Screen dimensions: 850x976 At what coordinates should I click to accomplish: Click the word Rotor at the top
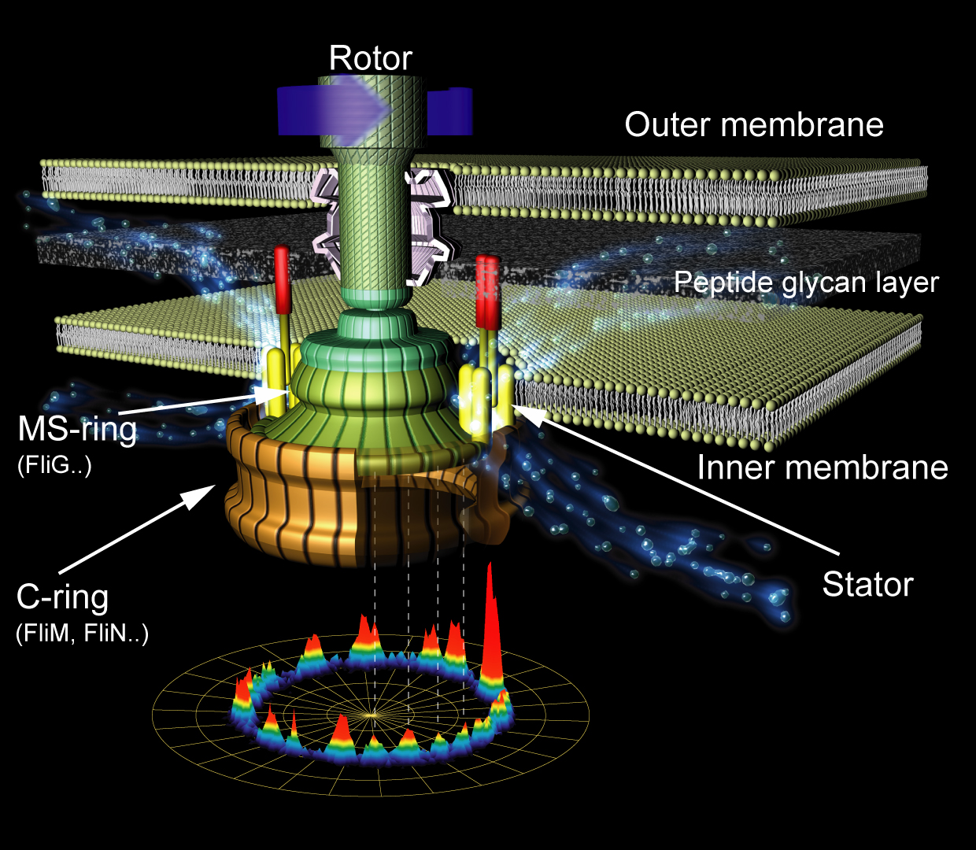click(370, 58)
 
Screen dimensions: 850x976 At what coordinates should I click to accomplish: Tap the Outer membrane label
click(753, 125)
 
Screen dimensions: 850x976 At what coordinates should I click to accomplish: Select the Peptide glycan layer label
click(806, 283)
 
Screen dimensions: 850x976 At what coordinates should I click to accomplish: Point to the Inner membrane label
click(822, 468)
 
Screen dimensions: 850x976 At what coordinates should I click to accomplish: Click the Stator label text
click(867, 585)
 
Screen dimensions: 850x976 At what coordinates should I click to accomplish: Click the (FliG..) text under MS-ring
click(54, 465)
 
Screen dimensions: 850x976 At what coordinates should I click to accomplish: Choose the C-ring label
click(62, 597)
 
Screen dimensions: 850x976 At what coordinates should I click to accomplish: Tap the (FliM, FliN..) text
click(82, 633)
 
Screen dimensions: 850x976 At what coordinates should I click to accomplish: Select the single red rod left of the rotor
click(282, 279)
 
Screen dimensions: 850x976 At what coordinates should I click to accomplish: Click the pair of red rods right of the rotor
click(488, 291)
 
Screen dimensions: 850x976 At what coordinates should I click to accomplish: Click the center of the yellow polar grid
click(372, 715)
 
